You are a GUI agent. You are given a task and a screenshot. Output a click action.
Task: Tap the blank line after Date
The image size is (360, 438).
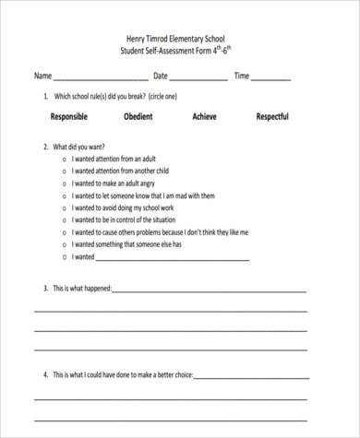click(198, 80)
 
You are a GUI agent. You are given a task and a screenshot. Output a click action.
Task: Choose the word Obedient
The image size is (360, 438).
click(138, 117)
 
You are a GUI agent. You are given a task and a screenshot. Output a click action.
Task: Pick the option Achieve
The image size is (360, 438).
click(204, 117)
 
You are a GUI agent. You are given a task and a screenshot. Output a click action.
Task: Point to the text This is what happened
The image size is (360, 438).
click(81, 289)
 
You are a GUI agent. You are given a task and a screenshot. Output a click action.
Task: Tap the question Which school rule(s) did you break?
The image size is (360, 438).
click(106, 96)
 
